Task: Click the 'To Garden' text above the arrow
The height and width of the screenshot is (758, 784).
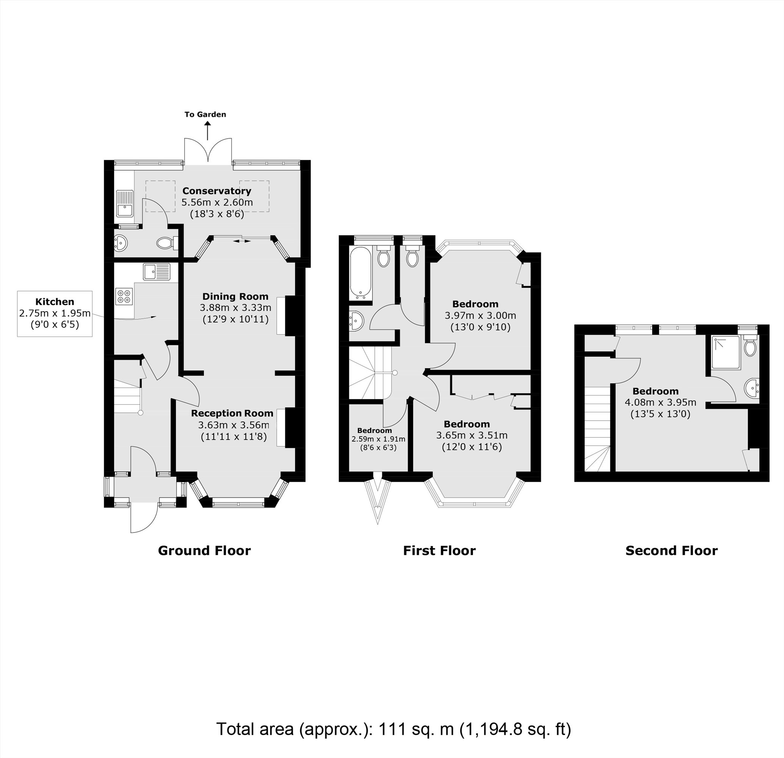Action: tap(205, 114)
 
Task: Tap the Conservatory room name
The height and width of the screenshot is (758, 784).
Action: tap(216, 191)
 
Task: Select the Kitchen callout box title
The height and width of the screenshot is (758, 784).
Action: tap(55, 302)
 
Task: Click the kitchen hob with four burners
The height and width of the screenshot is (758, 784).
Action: tap(124, 296)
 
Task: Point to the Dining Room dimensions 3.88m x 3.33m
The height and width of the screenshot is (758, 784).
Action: tap(235, 308)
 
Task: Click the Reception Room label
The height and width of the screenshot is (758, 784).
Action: tap(232, 413)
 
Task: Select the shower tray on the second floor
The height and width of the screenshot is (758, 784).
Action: tap(726, 352)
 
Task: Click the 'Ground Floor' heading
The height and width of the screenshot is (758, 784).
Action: tap(204, 550)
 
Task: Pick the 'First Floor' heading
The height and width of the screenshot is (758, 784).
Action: tap(439, 550)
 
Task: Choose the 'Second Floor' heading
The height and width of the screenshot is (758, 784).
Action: tap(671, 550)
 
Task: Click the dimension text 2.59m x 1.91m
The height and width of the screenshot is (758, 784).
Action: tap(378, 439)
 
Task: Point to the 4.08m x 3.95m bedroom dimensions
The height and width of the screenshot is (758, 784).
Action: tap(660, 402)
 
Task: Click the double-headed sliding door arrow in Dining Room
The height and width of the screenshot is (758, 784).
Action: tap(242, 241)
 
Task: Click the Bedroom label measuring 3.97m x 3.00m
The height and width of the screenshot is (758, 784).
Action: tap(475, 304)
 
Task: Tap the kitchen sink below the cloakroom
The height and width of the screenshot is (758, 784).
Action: tap(156, 272)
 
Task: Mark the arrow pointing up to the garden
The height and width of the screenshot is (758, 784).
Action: tap(208, 131)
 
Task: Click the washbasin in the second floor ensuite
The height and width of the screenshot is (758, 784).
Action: tap(752, 388)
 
